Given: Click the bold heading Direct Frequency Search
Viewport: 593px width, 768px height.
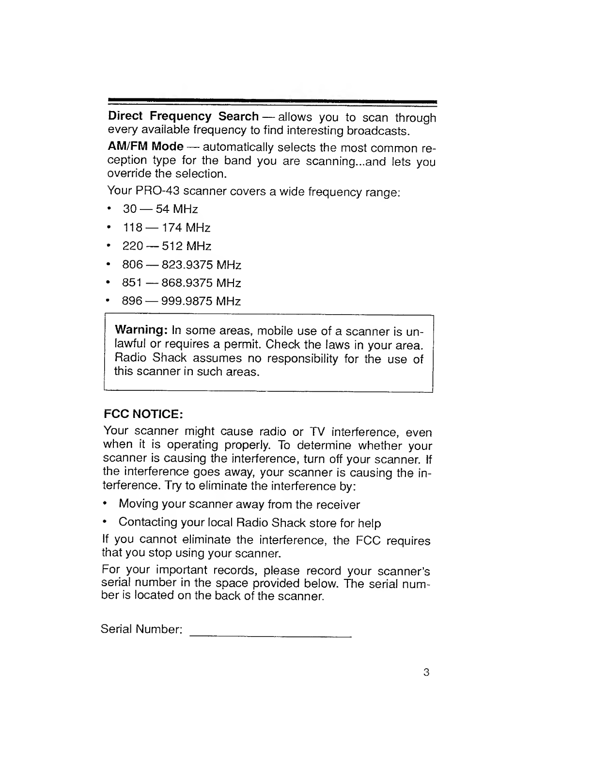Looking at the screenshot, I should tap(183, 117).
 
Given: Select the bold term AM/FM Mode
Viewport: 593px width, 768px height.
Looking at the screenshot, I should tap(145, 146).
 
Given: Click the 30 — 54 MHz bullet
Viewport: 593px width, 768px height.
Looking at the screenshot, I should tap(160, 209).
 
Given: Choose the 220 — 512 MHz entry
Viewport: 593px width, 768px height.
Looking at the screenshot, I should tap(167, 246).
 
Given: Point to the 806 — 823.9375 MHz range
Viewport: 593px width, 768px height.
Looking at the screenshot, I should tap(182, 265).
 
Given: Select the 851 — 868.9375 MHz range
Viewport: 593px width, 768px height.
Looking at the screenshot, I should tap(182, 283).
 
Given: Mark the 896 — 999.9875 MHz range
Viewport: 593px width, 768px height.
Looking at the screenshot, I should tap(182, 301).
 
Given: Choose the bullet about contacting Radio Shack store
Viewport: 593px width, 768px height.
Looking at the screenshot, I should tap(250, 523).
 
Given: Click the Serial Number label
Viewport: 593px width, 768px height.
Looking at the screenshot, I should tap(141, 629).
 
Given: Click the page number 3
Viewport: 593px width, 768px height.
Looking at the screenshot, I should tap(426, 672).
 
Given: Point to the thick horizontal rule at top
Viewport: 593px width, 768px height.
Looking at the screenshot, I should tap(273, 101).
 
